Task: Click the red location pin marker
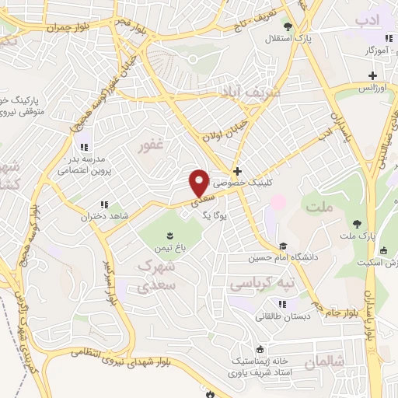200,182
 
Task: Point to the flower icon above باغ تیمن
168,234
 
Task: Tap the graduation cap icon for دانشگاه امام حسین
283,246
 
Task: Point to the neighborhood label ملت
319,206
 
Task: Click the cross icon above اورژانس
373,75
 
